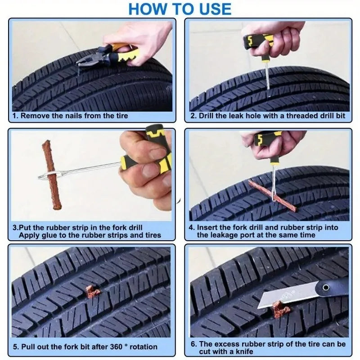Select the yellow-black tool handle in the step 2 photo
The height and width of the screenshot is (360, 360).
[x=258, y=41]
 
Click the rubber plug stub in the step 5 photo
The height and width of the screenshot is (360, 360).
[x=93, y=292]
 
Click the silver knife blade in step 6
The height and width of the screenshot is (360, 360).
[x=283, y=297]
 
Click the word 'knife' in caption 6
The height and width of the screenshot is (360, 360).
[x=243, y=351]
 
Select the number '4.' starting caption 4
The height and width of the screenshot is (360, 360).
[x=191, y=228]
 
